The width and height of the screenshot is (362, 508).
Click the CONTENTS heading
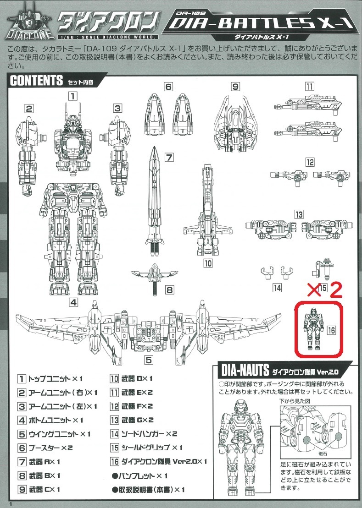[x=36, y=80]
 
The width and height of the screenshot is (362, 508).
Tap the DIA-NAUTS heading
[x=245, y=370]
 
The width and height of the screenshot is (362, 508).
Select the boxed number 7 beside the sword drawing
[x=169, y=158]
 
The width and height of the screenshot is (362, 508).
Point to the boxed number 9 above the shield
[x=235, y=87]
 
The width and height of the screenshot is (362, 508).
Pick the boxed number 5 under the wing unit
[x=149, y=360]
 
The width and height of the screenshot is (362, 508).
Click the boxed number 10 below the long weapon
[x=207, y=263]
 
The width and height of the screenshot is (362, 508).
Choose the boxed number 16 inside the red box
[x=331, y=330]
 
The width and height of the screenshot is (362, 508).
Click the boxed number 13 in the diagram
[x=299, y=214]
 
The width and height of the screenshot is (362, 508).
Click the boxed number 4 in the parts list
[x=22, y=420]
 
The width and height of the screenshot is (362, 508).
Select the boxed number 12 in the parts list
[x=115, y=406]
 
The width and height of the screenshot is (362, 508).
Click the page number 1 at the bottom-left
[x=11, y=504]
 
